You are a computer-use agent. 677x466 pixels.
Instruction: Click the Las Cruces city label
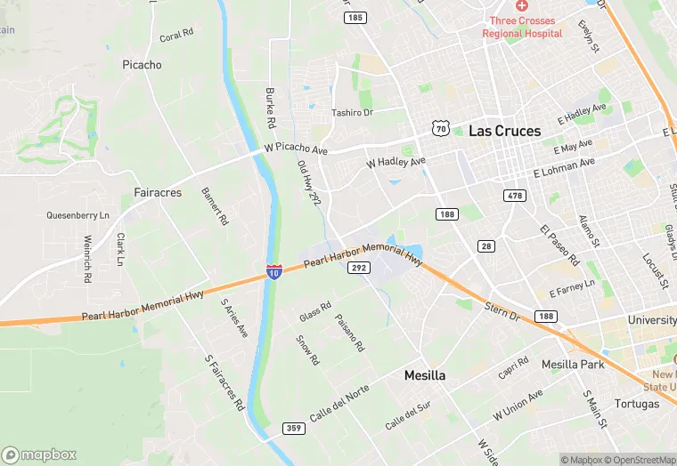tap(504, 131)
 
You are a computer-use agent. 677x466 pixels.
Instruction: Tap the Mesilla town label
tap(425, 375)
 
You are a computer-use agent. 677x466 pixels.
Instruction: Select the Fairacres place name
tap(158, 192)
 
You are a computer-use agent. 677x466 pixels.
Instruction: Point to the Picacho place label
tap(142, 65)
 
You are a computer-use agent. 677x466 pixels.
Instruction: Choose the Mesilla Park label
tap(573, 365)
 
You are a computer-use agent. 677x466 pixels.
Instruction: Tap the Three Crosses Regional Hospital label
tap(522, 27)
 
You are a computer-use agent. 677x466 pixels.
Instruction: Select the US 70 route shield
tap(441, 129)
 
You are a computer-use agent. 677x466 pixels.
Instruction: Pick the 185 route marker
tap(355, 18)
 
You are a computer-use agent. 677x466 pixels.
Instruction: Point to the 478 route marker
tap(514, 196)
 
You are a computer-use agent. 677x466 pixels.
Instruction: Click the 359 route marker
tap(294, 429)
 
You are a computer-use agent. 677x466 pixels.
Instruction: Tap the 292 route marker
tap(358, 267)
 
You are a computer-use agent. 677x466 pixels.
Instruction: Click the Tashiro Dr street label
tap(352, 113)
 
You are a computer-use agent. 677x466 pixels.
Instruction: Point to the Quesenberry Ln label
tap(77, 215)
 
